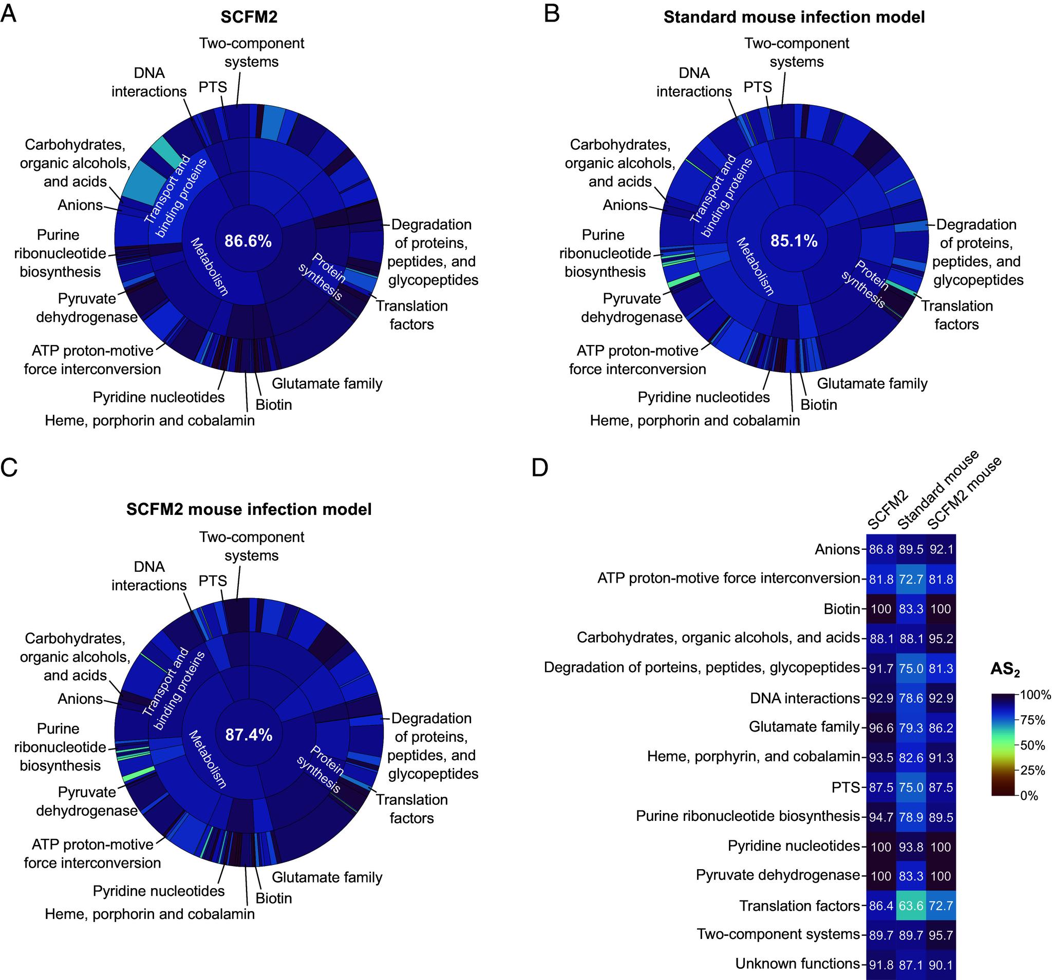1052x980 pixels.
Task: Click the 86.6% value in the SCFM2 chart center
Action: pyautogui.click(x=248, y=241)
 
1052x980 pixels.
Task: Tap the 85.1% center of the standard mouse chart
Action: pyautogui.click(x=793, y=241)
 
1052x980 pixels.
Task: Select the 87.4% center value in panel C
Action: pyautogui.click(x=248, y=735)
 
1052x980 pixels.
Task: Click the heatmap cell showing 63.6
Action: pyautogui.click(x=911, y=906)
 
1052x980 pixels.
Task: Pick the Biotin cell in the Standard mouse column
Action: pyautogui.click(x=911, y=609)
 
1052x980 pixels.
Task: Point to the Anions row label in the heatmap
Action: pyautogui.click(x=837, y=549)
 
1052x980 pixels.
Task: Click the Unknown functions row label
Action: pyautogui.click(x=797, y=964)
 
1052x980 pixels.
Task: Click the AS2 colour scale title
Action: pyautogui.click(x=1004, y=670)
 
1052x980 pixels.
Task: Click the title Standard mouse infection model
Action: pyautogui.click(x=794, y=17)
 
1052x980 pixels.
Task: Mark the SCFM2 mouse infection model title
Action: pyautogui.click(x=249, y=509)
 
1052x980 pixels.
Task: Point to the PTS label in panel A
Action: pyautogui.click(x=213, y=87)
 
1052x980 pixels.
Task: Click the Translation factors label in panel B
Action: pyautogui.click(x=956, y=315)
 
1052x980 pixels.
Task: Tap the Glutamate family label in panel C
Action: pyautogui.click(x=327, y=877)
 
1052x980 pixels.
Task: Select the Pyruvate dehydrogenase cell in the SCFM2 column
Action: pyautogui.click(x=881, y=876)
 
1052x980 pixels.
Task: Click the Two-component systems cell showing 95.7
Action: pyautogui.click(x=941, y=935)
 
